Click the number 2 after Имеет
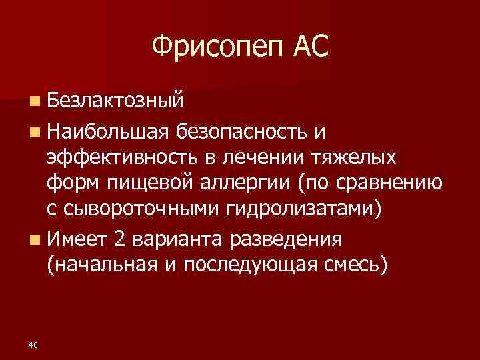(119, 239)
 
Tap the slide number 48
(33, 344)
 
